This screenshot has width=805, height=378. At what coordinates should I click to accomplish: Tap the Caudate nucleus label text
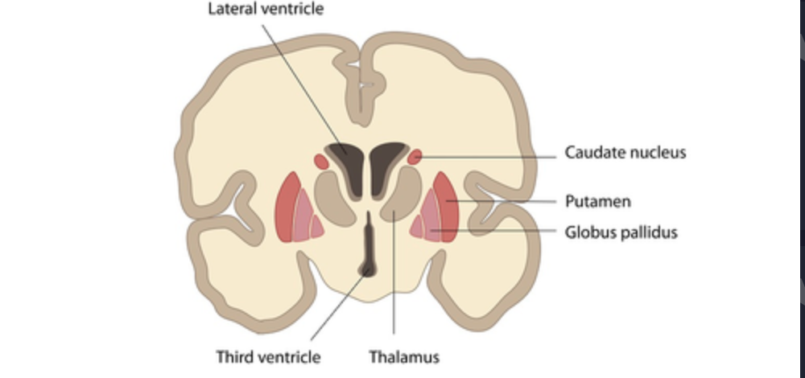[625, 152]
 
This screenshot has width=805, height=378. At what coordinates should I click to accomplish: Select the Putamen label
[597, 200]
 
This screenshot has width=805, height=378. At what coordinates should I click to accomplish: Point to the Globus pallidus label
[621, 232]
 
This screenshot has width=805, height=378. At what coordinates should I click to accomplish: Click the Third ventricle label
[268, 356]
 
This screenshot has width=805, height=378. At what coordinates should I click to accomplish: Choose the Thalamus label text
[404, 356]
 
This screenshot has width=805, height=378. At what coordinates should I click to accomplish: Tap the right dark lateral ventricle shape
[386, 163]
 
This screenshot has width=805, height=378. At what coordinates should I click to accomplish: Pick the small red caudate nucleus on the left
[321, 162]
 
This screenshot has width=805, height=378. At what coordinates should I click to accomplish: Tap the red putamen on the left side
[285, 207]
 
